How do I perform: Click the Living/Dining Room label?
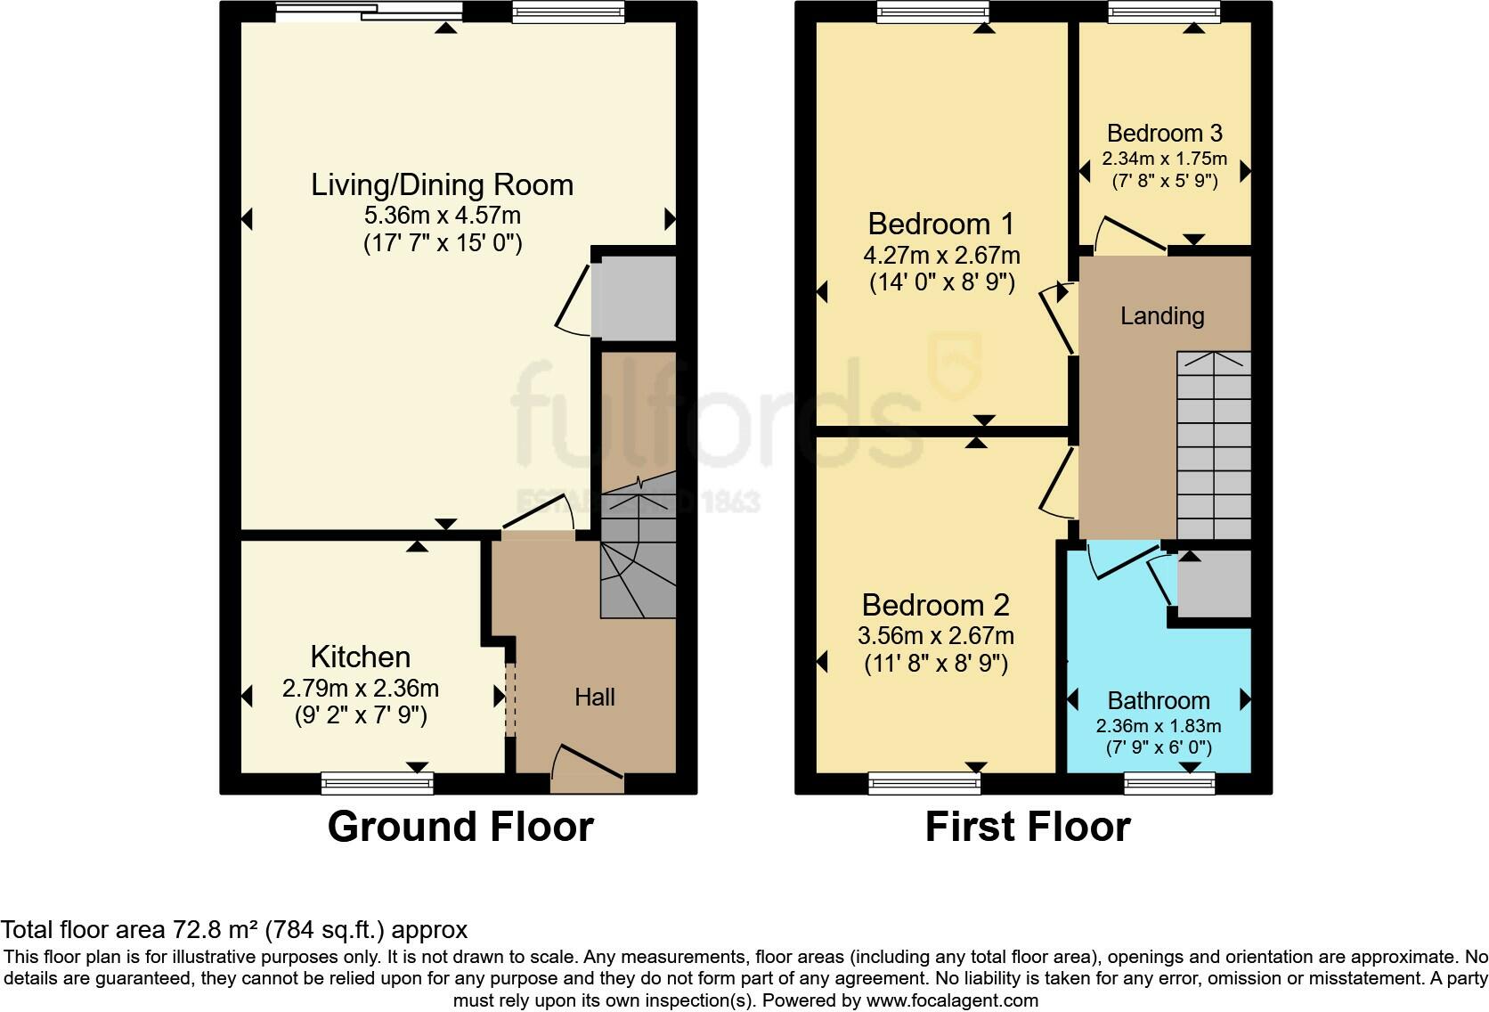click(x=442, y=185)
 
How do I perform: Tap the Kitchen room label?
click(x=361, y=657)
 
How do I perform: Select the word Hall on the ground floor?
click(x=595, y=697)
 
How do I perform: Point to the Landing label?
click(x=1162, y=316)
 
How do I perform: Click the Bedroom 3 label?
click(x=1165, y=133)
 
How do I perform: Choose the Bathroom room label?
click(x=1159, y=701)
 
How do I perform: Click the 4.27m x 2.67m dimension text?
click(x=941, y=256)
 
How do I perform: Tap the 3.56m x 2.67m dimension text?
click(x=935, y=636)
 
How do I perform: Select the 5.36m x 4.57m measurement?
click(x=442, y=216)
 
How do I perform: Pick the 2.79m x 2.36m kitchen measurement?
click(x=361, y=689)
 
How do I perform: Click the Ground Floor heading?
click(x=460, y=827)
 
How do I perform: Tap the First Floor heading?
click(x=1028, y=827)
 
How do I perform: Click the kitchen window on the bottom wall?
click(x=377, y=783)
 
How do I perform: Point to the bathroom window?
click(x=1169, y=783)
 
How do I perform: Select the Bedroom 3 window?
click(x=1164, y=12)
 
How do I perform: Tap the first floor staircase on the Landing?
click(x=1214, y=445)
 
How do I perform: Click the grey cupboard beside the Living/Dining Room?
click(x=634, y=298)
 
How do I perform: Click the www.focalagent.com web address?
click(x=952, y=1000)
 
